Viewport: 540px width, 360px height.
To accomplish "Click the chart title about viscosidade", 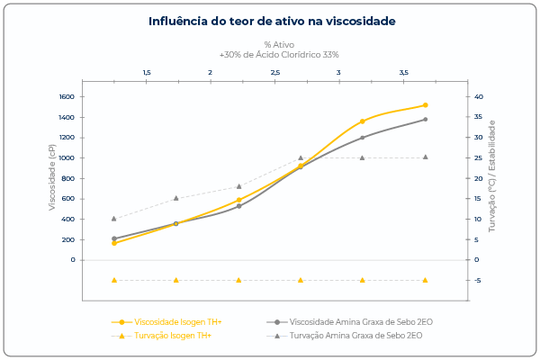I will pyautogui.click(x=271, y=20).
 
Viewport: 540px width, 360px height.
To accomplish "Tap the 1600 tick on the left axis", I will pyautogui.click(x=67, y=96).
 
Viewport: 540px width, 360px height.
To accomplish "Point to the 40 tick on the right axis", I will pyautogui.click(x=479, y=96).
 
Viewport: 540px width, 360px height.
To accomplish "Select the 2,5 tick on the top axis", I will pyautogui.click(x=274, y=72).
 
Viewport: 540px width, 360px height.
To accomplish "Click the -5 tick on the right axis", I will pyautogui.click(x=477, y=280).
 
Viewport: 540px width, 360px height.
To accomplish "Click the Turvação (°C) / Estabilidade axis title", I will pyautogui.click(x=492, y=177).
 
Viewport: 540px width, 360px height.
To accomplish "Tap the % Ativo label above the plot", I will pyautogui.click(x=279, y=44).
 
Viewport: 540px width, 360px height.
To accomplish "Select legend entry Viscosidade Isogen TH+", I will pyautogui.click(x=177, y=321).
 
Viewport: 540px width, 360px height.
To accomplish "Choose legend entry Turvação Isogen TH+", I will pyautogui.click(x=172, y=336).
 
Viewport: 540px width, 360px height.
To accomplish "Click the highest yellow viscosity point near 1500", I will pyautogui.click(x=425, y=105).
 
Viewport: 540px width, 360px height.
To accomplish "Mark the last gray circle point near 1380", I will pyautogui.click(x=425, y=119).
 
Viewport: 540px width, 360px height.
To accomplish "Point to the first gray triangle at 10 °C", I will pyautogui.click(x=114, y=219).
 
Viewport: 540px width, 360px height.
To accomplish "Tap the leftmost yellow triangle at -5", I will pyautogui.click(x=114, y=280).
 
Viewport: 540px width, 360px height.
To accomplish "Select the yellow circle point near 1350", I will pyautogui.click(x=363, y=121).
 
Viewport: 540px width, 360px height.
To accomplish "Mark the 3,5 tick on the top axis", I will pyautogui.click(x=403, y=72).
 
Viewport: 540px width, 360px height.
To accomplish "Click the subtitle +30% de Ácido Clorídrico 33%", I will pyautogui.click(x=279, y=54).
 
